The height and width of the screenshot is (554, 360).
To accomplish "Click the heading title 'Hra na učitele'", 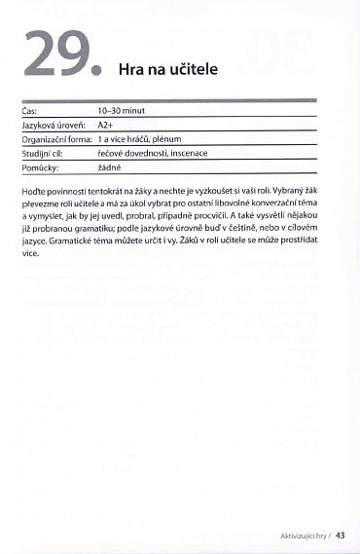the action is [167, 70].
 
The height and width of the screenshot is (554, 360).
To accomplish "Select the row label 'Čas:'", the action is [30, 112].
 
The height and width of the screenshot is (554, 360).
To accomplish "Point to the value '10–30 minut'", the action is [121, 112].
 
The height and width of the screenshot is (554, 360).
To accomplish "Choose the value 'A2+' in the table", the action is [106, 126].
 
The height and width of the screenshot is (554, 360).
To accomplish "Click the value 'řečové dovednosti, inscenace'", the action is [152, 153].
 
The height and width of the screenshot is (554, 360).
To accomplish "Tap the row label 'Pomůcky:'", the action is [41, 166].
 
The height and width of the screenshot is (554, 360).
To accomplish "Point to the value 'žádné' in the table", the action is [109, 166].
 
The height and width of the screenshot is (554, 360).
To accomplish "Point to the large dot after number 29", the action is [97, 71].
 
